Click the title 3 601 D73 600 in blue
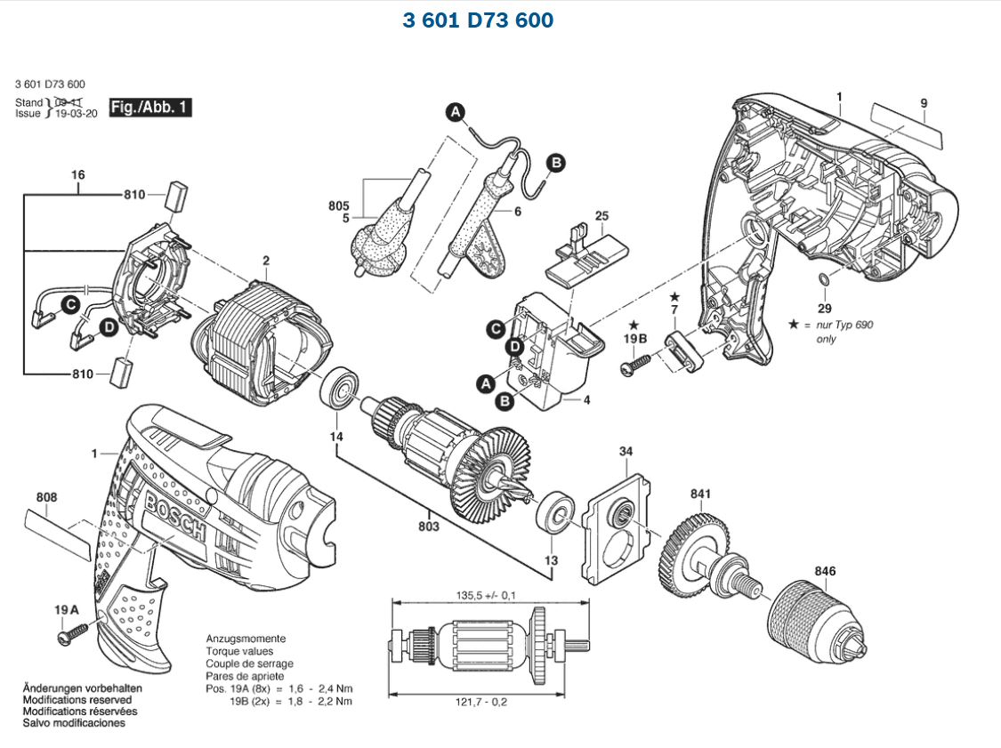coord(478,20)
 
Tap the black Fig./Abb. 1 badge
coord(149,108)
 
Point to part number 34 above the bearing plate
coord(626,452)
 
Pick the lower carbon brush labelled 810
coord(120,374)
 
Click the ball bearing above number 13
coord(554,511)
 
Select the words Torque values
coord(240,651)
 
